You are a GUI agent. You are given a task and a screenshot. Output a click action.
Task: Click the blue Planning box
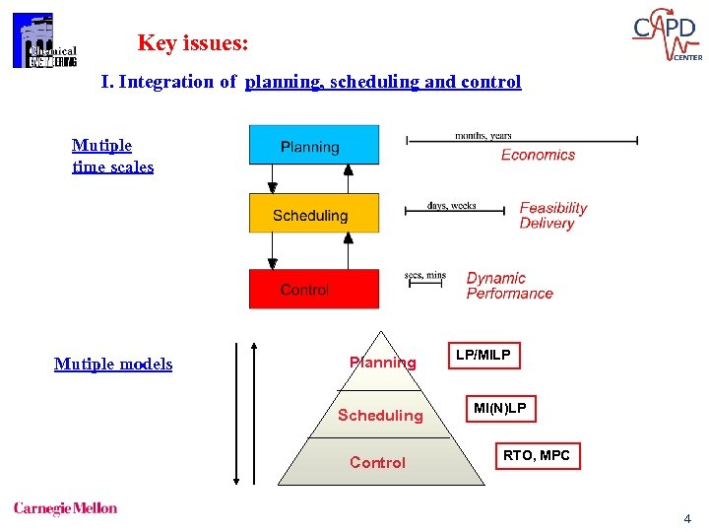click(313, 144)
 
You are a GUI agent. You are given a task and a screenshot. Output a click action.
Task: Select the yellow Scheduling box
click(313, 213)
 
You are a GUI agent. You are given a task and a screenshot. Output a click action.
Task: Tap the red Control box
click(313, 289)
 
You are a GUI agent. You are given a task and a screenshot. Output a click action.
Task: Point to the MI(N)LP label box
click(499, 408)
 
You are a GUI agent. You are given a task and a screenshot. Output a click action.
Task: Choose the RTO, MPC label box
click(537, 455)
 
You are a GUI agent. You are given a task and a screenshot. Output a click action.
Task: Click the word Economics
click(538, 155)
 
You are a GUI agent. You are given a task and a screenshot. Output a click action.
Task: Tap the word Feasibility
click(553, 208)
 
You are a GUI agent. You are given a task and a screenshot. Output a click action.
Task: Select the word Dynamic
click(496, 278)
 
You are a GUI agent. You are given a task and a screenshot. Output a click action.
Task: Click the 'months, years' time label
click(483, 135)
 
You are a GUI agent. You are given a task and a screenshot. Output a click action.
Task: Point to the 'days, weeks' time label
click(452, 206)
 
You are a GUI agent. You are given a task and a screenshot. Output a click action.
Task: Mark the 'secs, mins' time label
click(424, 275)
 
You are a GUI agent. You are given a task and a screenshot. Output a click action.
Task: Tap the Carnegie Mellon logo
click(65, 508)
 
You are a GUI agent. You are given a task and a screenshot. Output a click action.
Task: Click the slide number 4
click(686, 519)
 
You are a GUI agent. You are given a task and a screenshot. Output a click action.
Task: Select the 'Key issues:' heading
click(193, 43)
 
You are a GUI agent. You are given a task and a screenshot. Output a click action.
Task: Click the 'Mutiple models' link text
click(113, 365)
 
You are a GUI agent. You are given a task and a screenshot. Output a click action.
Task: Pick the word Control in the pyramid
click(377, 462)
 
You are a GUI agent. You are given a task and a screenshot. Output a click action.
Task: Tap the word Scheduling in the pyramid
click(380, 415)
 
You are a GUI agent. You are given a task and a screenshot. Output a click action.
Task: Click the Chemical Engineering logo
click(43, 42)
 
